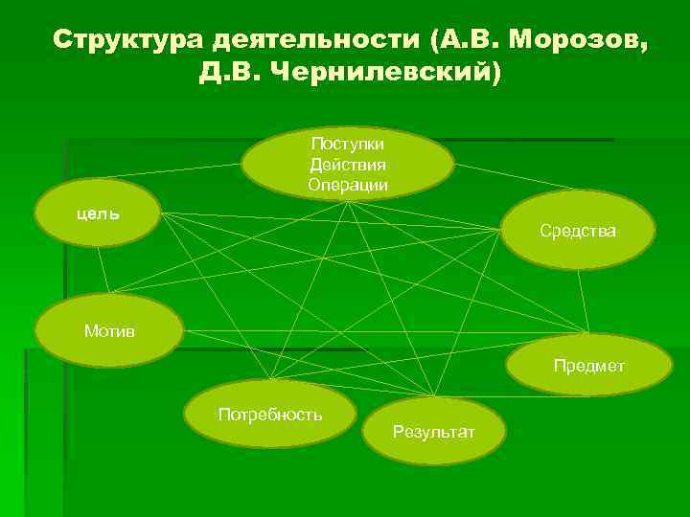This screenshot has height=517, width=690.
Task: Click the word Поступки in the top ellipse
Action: (348, 143)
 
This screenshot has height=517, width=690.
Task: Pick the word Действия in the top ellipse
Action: (348, 164)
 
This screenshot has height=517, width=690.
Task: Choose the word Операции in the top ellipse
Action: (348, 184)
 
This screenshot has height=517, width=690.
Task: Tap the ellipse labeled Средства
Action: (578, 230)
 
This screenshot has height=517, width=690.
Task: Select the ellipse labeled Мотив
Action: (108, 331)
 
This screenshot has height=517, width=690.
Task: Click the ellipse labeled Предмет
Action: (588, 365)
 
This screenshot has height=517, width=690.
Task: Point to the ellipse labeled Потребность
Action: (270, 415)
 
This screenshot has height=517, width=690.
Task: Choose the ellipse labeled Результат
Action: (434, 432)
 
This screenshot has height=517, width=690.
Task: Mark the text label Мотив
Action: (109, 331)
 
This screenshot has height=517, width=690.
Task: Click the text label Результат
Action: (434, 433)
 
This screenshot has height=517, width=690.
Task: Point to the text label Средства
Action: (578, 231)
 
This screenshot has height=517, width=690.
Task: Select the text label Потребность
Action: (270, 415)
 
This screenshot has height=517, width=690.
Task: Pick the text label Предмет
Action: (588, 366)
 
